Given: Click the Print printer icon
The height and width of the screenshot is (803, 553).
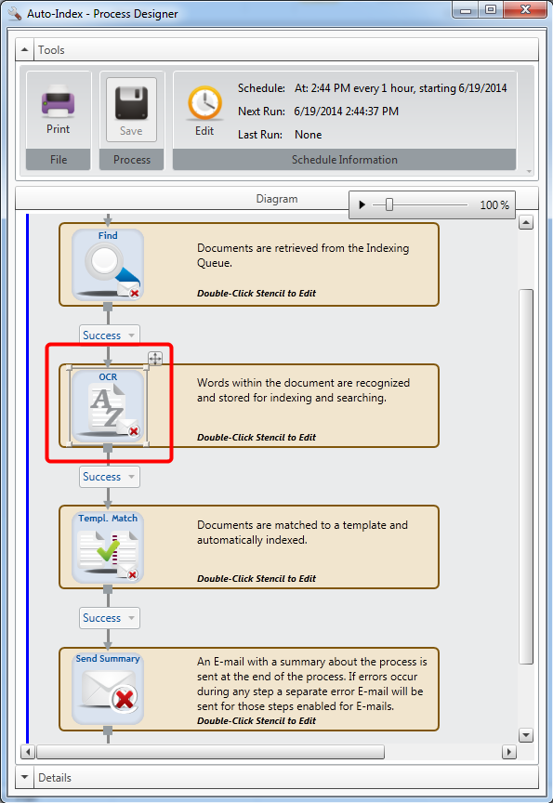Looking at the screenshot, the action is (58, 101).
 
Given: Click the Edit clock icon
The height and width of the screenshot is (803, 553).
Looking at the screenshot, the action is (204, 103).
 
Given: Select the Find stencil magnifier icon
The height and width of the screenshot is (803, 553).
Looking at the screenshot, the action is (108, 264).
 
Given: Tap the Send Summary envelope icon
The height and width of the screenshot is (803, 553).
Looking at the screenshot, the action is (108, 689).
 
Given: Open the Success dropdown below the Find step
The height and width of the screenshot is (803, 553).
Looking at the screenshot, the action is (109, 335).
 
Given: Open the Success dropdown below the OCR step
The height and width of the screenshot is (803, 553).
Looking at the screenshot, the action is (109, 476).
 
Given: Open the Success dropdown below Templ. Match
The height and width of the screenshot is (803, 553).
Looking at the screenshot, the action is (109, 618).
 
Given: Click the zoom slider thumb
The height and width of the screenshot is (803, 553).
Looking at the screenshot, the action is (389, 204).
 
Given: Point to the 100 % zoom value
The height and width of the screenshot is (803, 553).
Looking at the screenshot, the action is (494, 205).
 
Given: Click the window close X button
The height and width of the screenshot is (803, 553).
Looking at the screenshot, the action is (525, 9).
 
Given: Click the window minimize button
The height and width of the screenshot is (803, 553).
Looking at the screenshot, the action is (466, 9).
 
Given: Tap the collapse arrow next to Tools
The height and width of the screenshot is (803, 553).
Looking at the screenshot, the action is (24, 49).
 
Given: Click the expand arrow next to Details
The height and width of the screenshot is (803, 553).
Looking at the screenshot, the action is (24, 777).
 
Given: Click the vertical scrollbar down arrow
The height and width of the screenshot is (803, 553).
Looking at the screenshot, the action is (526, 735).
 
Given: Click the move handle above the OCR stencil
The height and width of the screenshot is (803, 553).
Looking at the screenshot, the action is (155, 359).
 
